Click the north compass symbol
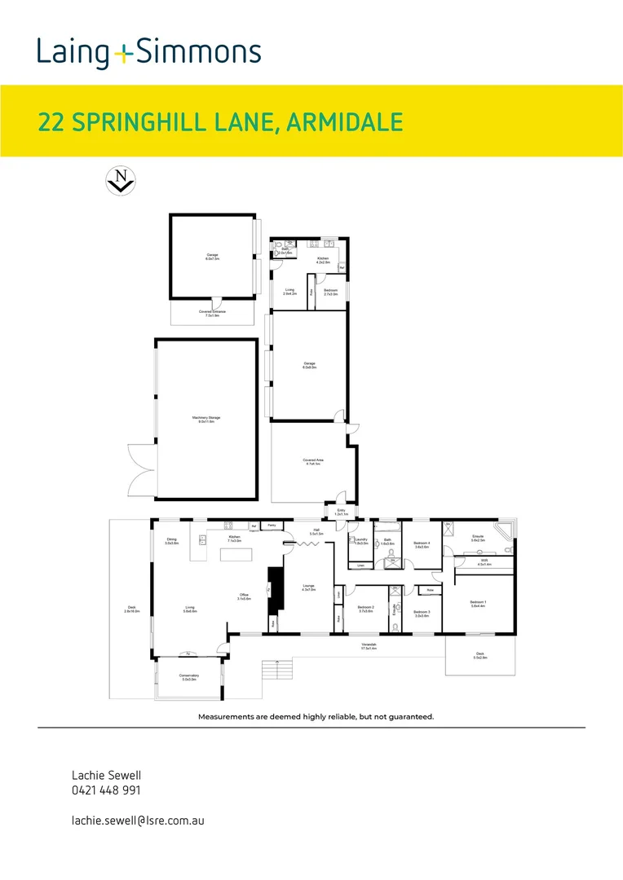pyautogui.click(x=122, y=180)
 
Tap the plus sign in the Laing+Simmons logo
pyautogui.click(x=123, y=54)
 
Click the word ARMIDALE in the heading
pyautogui.click(x=346, y=122)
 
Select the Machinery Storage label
pyautogui.click(x=206, y=419)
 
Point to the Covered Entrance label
pyautogui.click(x=212, y=313)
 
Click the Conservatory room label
pyautogui.click(x=188, y=676)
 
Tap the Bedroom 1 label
pyautogui.click(x=477, y=604)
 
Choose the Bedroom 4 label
pyautogui.click(x=422, y=544)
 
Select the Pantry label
pyautogui.click(x=272, y=526)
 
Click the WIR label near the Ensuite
pyautogui.click(x=483, y=561)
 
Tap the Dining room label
pyautogui.click(x=171, y=541)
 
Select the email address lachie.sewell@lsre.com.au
pyautogui.click(x=138, y=820)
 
